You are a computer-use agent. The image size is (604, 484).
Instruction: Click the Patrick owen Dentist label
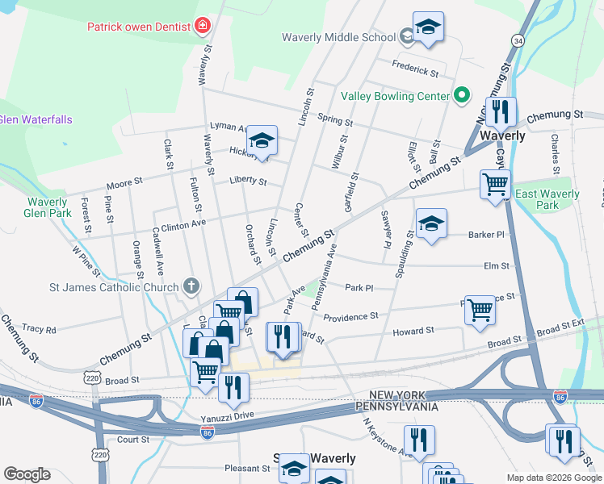click(139, 27)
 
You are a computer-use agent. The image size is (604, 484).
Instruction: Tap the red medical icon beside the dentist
click(202, 27)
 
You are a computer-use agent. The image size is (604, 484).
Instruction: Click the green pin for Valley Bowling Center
click(462, 96)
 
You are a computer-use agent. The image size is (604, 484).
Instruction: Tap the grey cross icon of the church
click(191, 285)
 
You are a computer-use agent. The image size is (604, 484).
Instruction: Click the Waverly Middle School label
click(338, 37)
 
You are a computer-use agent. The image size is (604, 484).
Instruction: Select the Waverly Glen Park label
click(47, 207)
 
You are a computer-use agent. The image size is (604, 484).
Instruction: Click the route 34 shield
click(518, 40)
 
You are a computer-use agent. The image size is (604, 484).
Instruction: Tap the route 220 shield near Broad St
click(92, 377)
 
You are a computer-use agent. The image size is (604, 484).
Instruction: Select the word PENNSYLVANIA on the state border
click(396, 408)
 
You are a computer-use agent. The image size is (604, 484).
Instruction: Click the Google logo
click(27, 474)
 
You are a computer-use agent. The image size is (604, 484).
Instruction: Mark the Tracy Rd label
click(40, 329)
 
